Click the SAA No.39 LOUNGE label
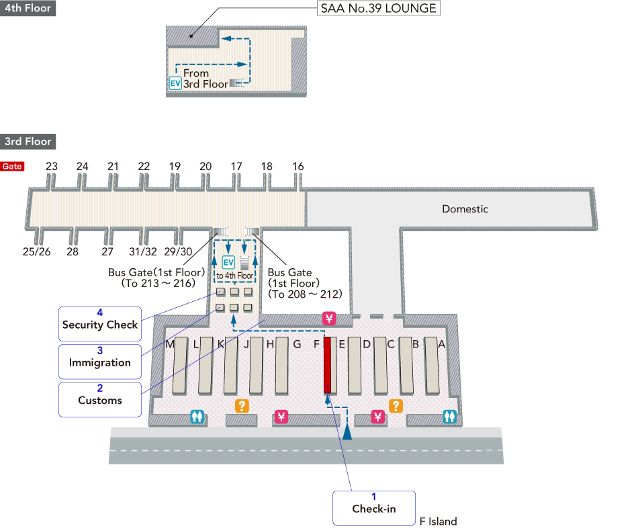point(377,9)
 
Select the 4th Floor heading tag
point(28,9)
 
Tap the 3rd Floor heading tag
point(28,141)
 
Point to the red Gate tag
point(12,167)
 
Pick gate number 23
point(52,167)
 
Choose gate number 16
point(298,167)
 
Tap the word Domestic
point(465,209)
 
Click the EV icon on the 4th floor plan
point(175,83)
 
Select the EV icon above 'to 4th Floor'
point(228,261)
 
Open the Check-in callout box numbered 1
point(374,507)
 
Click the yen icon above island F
point(329,318)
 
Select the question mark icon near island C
point(396,405)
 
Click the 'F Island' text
point(438,522)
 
